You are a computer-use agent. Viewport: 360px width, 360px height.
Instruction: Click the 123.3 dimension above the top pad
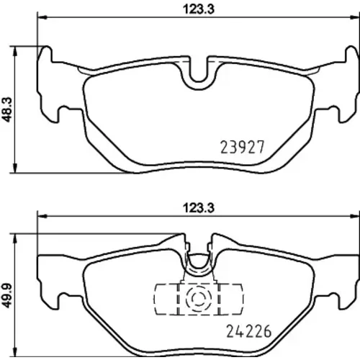199,9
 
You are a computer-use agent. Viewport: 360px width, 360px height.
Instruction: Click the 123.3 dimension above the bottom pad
199,208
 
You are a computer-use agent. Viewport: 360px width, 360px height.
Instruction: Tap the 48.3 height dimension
8,109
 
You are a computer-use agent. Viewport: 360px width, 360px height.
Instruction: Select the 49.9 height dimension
7,295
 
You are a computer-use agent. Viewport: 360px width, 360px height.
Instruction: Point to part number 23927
243,147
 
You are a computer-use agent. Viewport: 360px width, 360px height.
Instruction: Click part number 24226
249,331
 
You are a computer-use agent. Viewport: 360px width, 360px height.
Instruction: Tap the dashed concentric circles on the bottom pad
199,298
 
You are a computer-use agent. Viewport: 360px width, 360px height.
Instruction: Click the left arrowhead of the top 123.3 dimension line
42,17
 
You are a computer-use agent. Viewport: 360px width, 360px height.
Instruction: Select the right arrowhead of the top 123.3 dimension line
356,17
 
